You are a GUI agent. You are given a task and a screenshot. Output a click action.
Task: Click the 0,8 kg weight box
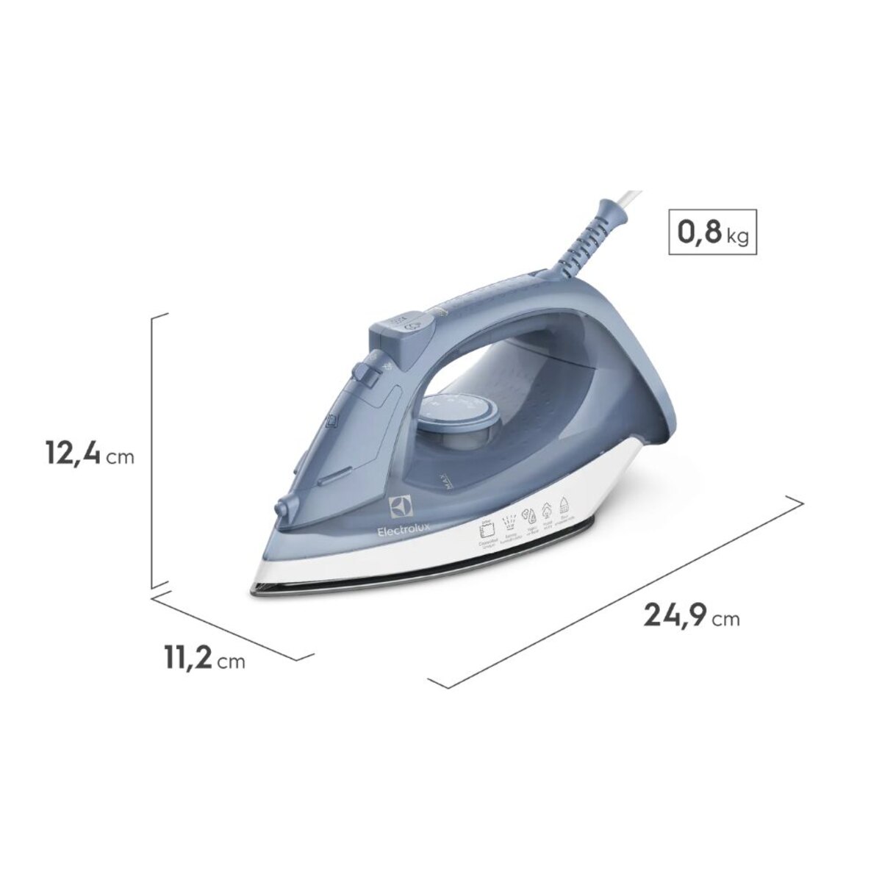pyautogui.click(x=711, y=233)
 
